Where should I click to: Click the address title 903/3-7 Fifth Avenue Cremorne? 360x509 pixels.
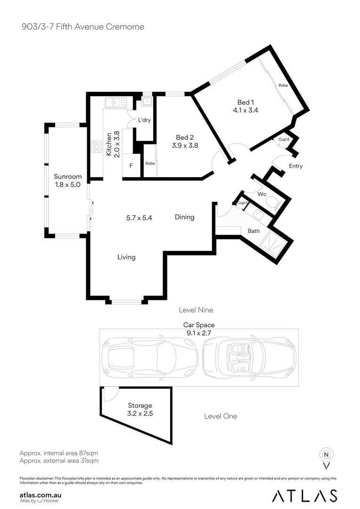click(x=82, y=27)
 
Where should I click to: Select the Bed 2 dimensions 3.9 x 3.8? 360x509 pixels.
click(x=185, y=146)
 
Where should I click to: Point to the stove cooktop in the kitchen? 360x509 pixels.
click(x=97, y=147)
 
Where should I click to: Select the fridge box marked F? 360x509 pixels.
click(x=131, y=166)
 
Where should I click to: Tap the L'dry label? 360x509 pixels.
click(x=144, y=120)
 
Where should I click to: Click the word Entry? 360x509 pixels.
click(x=295, y=166)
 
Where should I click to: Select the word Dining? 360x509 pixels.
click(x=184, y=217)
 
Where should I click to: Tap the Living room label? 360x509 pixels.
click(x=126, y=257)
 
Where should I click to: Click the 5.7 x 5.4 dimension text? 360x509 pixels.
click(x=139, y=218)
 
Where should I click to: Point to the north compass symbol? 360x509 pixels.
click(x=326, y=455)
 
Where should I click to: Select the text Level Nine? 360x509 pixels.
click(x=196, y=310)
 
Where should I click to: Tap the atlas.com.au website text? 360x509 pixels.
click(x=41, y=495)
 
